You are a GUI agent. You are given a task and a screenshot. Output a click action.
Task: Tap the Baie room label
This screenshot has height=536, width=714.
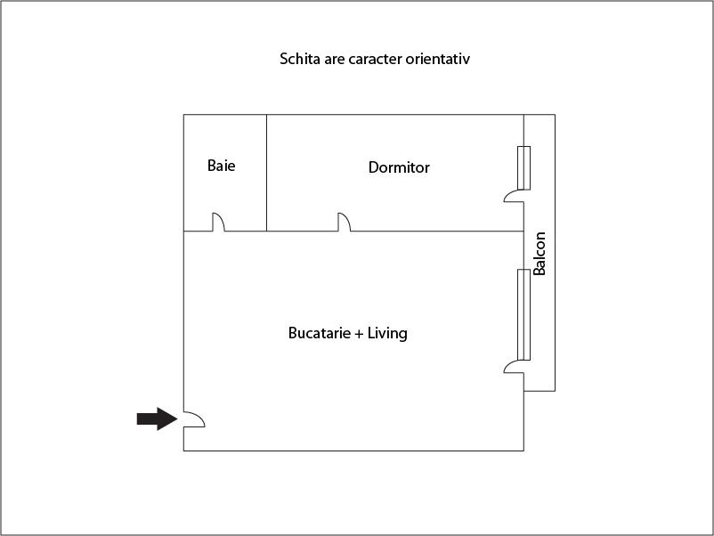pyautogui.click(x=222, y=166)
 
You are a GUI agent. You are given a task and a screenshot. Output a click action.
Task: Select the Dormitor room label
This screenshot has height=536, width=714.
pyautogui.click(x=399, y=167)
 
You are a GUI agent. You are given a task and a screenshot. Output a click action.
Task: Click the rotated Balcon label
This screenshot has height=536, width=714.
pyautogui.click(x=540, y=254)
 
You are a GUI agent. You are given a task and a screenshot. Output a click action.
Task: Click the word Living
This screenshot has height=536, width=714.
pyautogui.click(x=388, y=334)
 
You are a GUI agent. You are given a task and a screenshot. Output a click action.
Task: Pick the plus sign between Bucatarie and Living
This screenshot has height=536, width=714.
pyautogui.click(x=360, y=334)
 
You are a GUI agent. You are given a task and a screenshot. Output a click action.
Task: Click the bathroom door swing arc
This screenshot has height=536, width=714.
pyautogui.click(x=218, y=222)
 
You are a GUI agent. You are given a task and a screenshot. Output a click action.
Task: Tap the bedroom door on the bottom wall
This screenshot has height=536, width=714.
pyautogui.click(x=344, y=222)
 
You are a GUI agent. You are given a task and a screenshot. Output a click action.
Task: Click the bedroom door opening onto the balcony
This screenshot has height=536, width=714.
pyautogui.click(x=514, y=195)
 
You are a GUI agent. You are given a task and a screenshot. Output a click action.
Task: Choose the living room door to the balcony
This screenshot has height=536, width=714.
pyautogui.click(x=514, y=366)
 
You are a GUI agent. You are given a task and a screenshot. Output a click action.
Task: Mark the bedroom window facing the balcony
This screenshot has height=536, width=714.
pyautogui.click(x=524, y=167)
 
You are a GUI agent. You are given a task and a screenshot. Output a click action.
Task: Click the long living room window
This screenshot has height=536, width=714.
pyautogui.click(x=524, y=314)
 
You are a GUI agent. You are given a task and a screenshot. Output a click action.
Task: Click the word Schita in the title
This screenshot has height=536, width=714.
pyautogui.click(x=298, y=60)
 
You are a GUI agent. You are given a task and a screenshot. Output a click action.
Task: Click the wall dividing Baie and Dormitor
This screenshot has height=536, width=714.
pyautogui.click(x=267, y=173)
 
